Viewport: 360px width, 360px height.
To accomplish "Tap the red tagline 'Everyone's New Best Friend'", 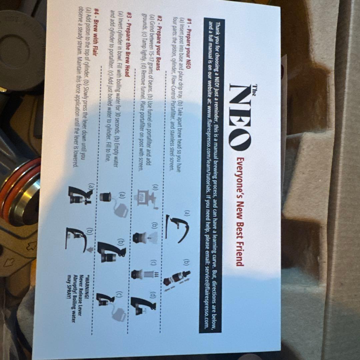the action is click(240, 212).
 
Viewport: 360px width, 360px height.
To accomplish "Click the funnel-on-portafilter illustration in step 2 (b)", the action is click(145, 238).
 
